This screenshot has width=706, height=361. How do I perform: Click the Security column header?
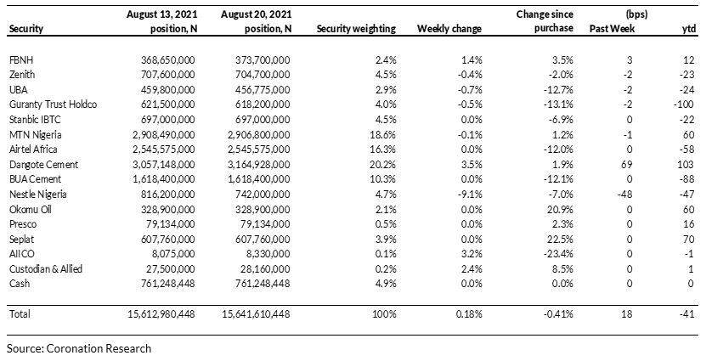[x=26, y=29]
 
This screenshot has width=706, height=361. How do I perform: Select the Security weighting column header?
[x=356, y=29]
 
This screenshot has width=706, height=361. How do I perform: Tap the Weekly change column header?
[x=449, y=29]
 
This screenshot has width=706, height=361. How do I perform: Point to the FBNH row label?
[x=20, y=59]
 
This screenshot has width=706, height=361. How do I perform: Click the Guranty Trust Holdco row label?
[x=53, y=104]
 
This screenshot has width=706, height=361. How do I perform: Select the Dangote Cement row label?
[x=43, y=164]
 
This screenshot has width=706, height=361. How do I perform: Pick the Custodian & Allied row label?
[x=46, y=268]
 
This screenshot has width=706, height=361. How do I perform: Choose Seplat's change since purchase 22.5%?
[x=561, y=239]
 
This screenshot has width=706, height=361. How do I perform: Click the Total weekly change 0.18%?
[x=469, y=313]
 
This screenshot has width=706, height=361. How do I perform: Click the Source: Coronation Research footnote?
[x=79, y=348]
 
